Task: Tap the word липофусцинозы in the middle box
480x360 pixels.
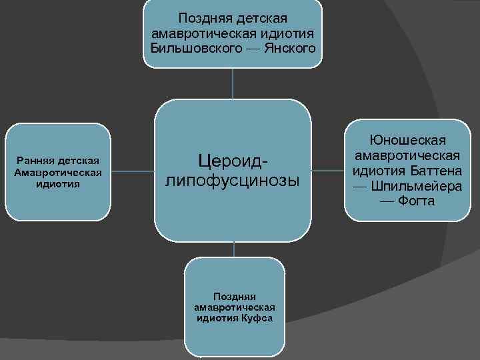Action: [233, 181]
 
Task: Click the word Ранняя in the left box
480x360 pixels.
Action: [37, 161]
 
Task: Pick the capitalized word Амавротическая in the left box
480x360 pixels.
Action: [57, 172]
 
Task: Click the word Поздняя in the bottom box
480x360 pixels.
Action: [234, 295]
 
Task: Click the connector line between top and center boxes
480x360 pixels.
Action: [232, 83]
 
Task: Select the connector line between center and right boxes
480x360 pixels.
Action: [327, 171]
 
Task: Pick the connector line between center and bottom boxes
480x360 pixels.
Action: [233, 249]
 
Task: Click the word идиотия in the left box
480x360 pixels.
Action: [58, 184]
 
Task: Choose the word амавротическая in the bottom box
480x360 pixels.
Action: [234, 307]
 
